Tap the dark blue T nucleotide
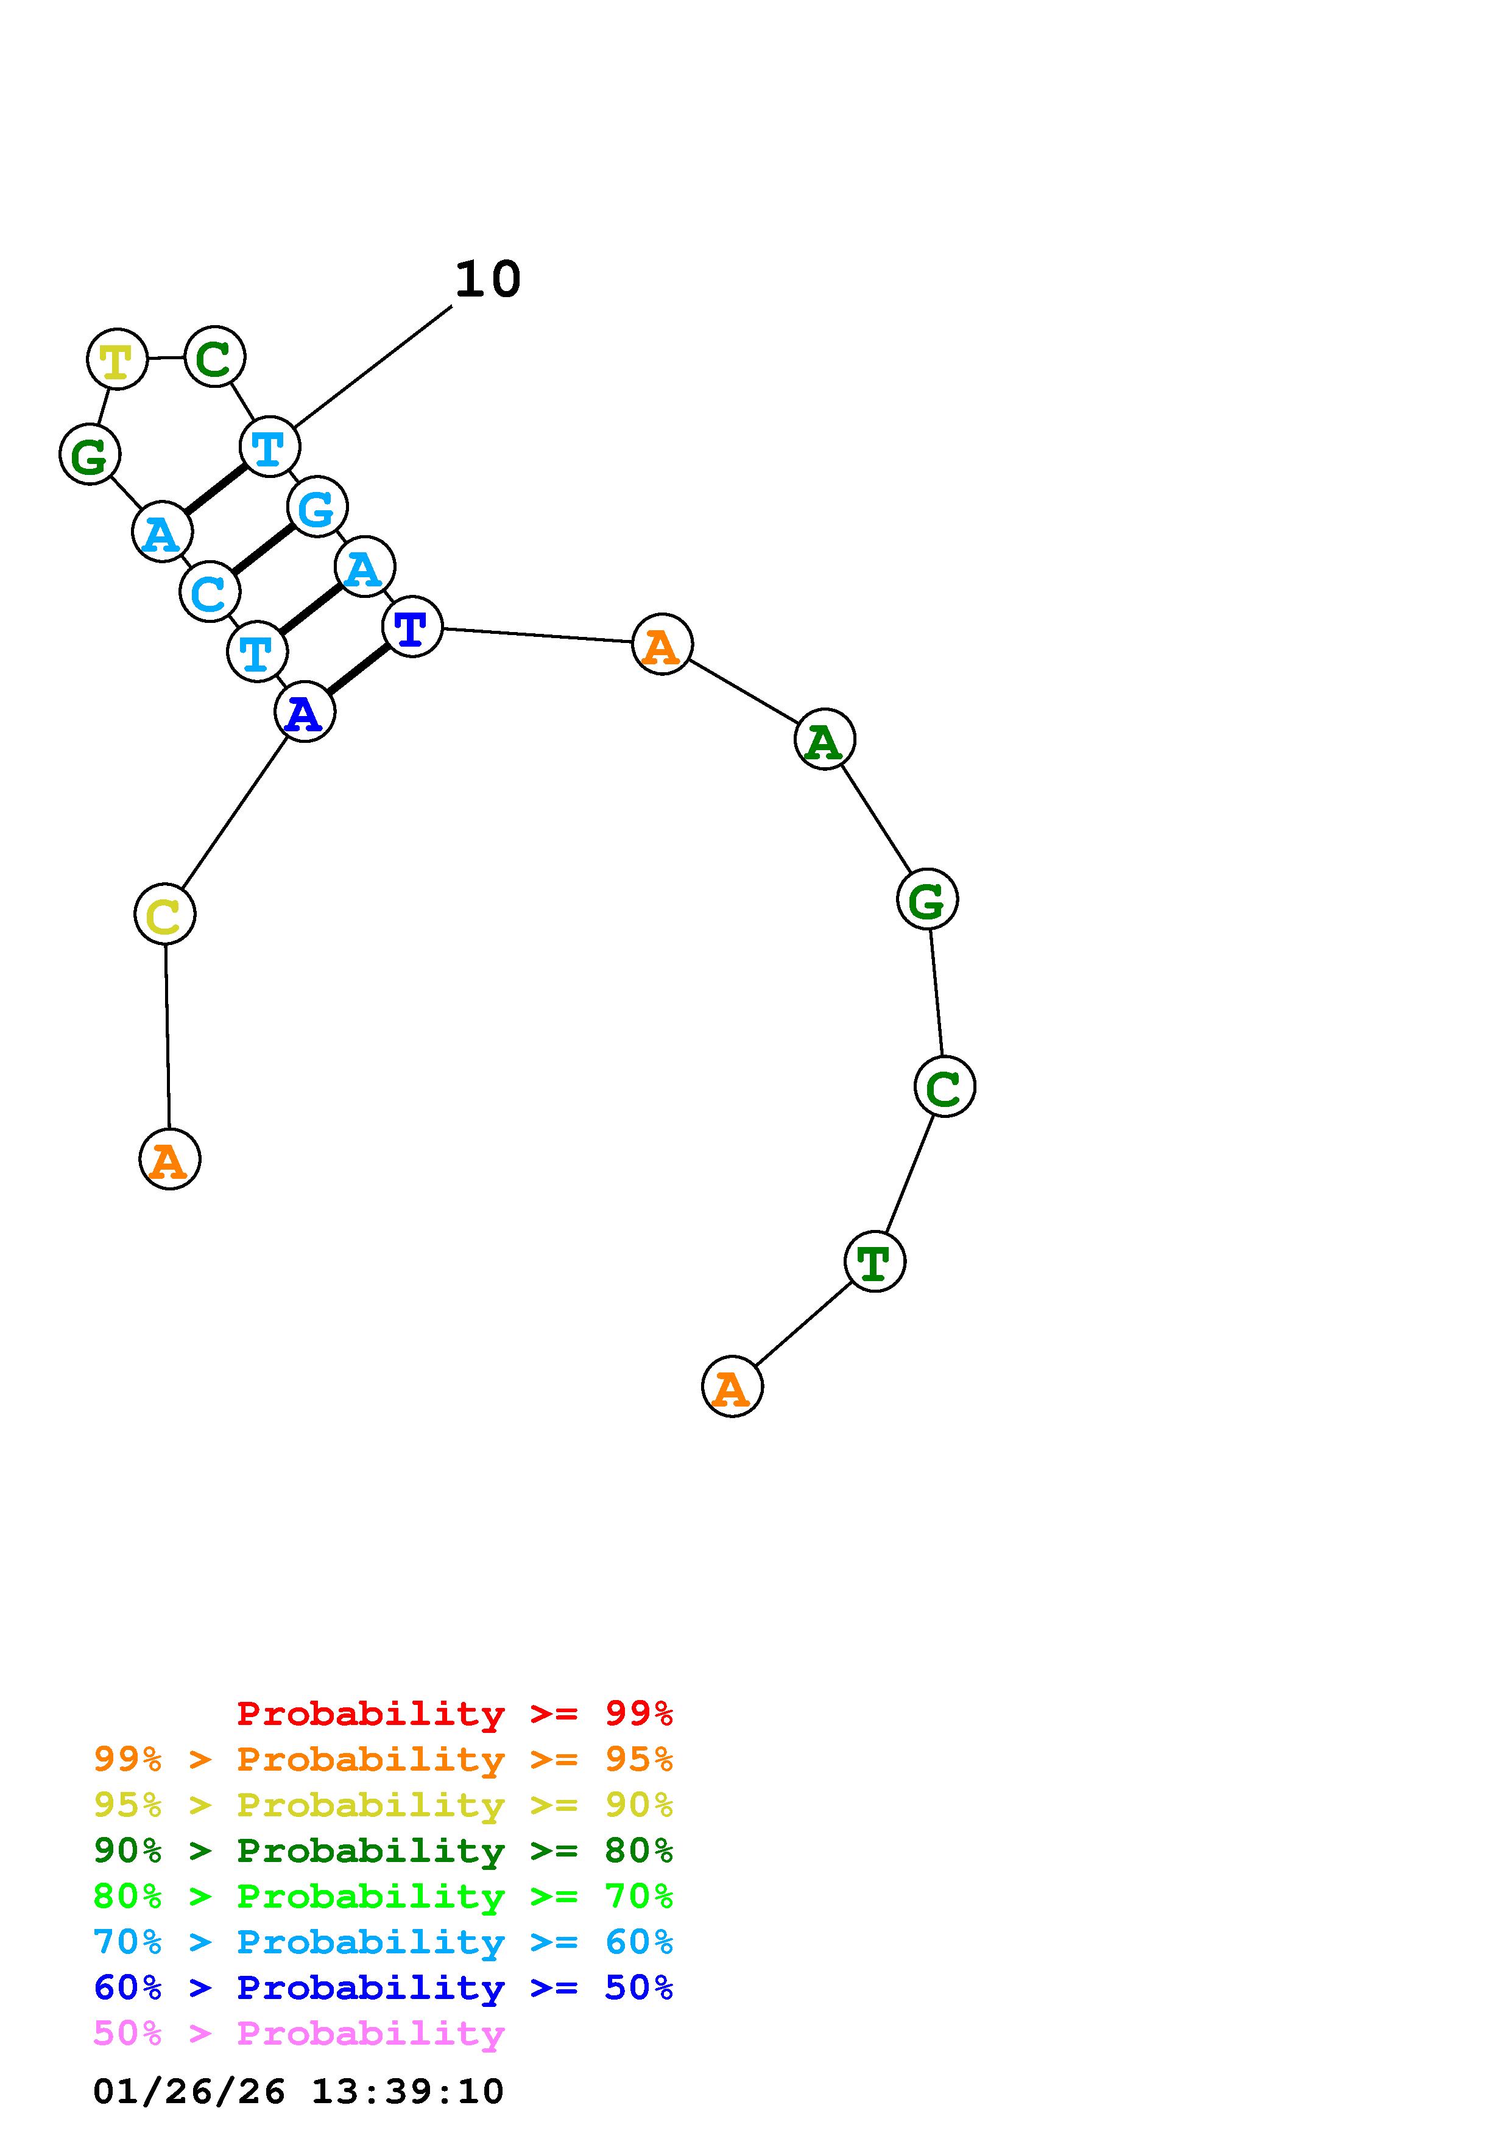(x=412, y=627)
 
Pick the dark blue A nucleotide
(x=304, y=712)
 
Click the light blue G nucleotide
(x=317, y=507)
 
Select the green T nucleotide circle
(x=875, y=1262)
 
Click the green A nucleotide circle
(x=824, y=740)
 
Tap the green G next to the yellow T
(x=90, y=454)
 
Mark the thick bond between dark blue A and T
(x=358, y=670)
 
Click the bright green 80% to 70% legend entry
(x=383, y=1896)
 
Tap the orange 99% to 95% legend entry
(x=383, y=1759)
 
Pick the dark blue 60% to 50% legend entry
(x=383, y=1988)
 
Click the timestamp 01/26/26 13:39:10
(x=298, y=2092)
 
